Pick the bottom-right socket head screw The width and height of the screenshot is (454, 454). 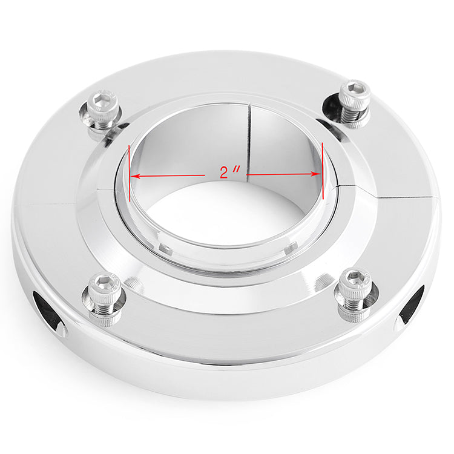[x=354, y=295]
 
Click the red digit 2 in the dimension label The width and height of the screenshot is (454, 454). [x=224, y=173]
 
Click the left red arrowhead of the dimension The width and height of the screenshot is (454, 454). [x=135, y=176]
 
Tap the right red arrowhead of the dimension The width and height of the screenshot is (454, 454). [x=316, y=174]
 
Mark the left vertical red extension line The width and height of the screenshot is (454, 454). [x=129, y=174]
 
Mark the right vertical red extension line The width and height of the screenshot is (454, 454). [x=322, y=171]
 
